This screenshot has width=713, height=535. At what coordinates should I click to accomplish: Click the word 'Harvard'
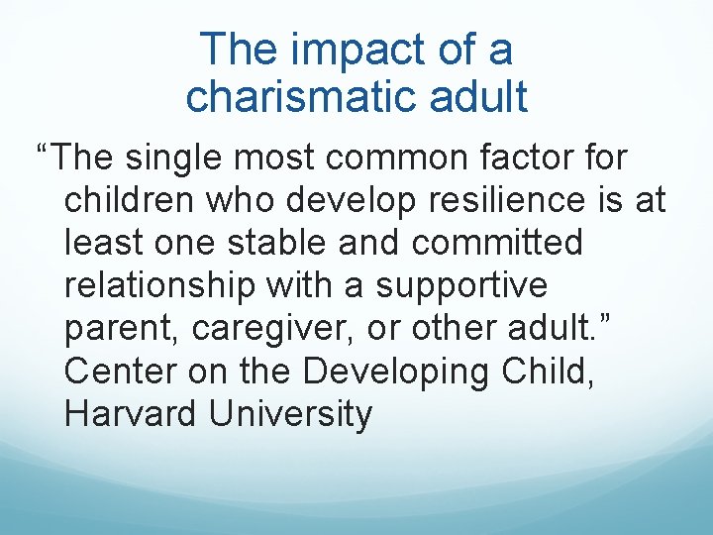click(x=130, y=413)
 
